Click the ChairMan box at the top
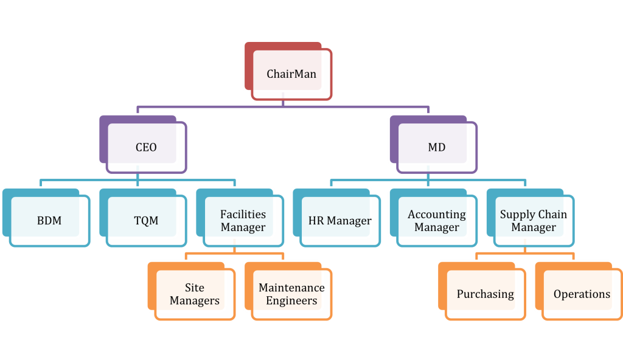(x=291, y=74)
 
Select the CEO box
(x=146, y=148)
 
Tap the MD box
(x=436, y=148)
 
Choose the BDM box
(x=49, y=221)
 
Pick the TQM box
(x=146, y=221)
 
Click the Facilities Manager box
(x=243, y=221)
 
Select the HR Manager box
(x=339, y=221)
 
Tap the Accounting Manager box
(x=436, y=221)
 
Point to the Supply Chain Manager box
(x=533, y=221)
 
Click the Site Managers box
(x=195, y=294)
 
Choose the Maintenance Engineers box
(x=291, y=294)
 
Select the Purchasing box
(x=485, y=294)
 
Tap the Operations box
(x=582, y=294)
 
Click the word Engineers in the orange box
(x=291, y=300)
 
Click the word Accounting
(x=436, y=214)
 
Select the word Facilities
(x=243, y=214)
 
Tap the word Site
(x=195, y=287)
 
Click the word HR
(x=316, y=221)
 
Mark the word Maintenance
(x=291, y=287)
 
